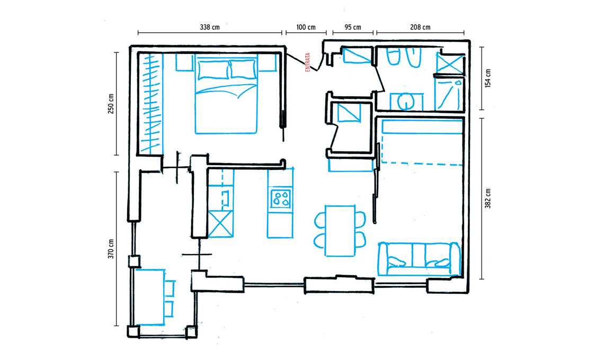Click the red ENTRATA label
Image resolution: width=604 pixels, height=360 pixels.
[308, 62]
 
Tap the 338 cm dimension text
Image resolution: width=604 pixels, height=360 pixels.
[210, 28]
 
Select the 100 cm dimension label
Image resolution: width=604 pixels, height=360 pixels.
[306, 28]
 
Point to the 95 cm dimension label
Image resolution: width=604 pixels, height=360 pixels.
[353, 28]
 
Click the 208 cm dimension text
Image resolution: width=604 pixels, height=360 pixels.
[420, 28]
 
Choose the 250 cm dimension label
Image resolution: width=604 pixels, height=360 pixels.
[111, 104]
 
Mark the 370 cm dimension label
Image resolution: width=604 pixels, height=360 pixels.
[111, 249]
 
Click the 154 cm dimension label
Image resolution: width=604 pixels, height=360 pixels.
[487, 78]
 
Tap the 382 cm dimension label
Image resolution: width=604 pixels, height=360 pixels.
[487, 199]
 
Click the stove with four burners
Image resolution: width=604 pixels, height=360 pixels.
[281, 199]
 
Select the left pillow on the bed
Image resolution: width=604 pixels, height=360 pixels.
[214, 70]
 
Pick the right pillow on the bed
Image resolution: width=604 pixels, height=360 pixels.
[243, 69]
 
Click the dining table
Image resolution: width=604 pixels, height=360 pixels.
[340, 231]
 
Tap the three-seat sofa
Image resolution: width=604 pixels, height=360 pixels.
[419, 259]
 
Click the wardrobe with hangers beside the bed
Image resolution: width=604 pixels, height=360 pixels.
[150, 103]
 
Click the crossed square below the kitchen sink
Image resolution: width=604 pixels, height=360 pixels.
[220, 224]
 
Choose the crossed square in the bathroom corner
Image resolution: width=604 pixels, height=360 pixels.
[450, 63]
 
